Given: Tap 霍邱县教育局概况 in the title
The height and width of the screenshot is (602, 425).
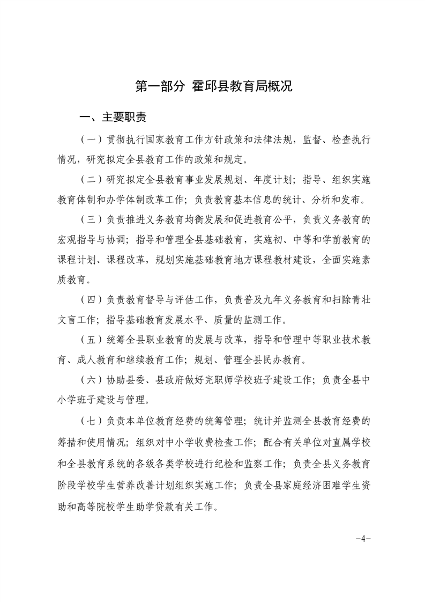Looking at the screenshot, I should [242, 86].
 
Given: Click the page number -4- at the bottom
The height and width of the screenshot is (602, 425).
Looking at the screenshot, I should [363, 539].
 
